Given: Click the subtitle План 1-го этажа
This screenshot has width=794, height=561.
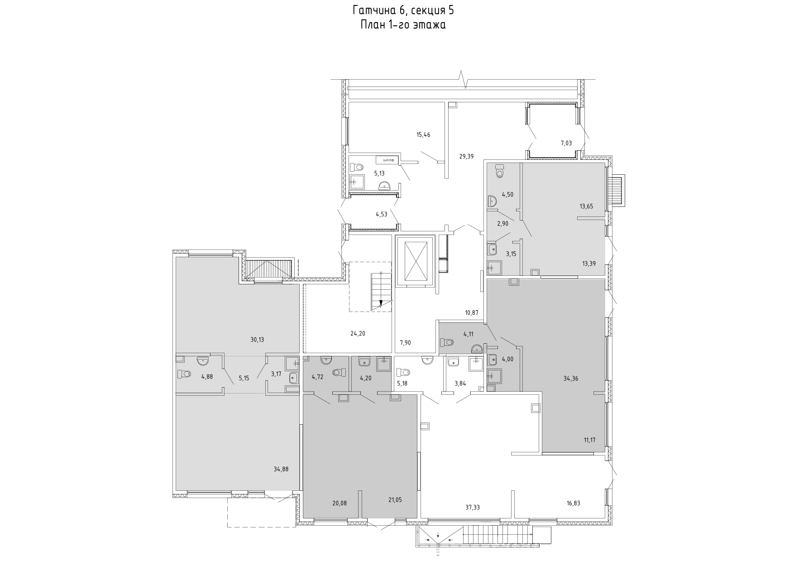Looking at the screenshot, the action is point(403,25).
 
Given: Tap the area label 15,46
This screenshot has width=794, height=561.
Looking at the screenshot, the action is point(423,134).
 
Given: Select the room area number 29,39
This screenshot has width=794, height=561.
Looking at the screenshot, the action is point(466,156).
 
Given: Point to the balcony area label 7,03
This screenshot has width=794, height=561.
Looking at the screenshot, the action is point(566,143).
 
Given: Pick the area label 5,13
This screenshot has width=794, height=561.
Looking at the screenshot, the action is point(379,173).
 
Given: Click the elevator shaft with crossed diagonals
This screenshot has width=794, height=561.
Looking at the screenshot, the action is point(415,261).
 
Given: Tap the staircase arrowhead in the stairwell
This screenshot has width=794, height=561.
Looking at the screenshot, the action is point(381,303).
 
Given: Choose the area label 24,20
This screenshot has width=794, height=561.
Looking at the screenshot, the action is point(358,334).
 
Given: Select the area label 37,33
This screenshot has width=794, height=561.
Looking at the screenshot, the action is point(472,508).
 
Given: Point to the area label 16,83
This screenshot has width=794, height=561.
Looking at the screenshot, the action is point(574,503).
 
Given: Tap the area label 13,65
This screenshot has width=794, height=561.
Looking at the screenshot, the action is point(587,206).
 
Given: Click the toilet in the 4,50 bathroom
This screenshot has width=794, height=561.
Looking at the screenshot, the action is point(500,171).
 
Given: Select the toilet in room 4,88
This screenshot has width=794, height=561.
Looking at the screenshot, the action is point(184,374).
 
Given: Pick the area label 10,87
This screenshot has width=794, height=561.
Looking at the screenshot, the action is point(472,312).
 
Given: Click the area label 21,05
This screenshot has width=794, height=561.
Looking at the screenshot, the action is point(395,500).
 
